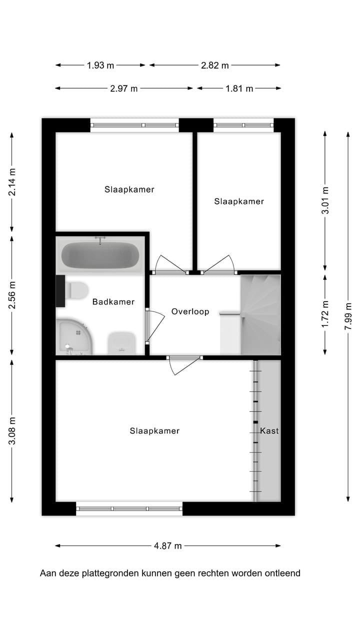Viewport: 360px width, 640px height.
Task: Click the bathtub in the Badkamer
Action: (x=100, y=255)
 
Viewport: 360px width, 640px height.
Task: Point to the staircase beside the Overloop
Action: (x=260, y=314)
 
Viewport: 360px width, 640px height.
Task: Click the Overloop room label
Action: (x=190, y=311)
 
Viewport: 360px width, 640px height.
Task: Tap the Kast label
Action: (x=269, y=430)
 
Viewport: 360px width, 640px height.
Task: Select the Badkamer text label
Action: (x=113, y=302)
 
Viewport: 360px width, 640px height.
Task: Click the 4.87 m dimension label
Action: (x=167, y=546)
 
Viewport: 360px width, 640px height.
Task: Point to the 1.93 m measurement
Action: (x=100, y=65)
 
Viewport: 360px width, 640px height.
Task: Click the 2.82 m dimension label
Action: (x=214, y=65)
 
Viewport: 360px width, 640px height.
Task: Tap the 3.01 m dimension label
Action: (x=325, y=200)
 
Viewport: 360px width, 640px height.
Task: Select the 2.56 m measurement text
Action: (x=12, y=295)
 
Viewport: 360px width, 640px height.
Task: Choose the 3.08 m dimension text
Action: (x=12, y=430)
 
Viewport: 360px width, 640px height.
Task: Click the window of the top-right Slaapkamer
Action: (x=243, y=125)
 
